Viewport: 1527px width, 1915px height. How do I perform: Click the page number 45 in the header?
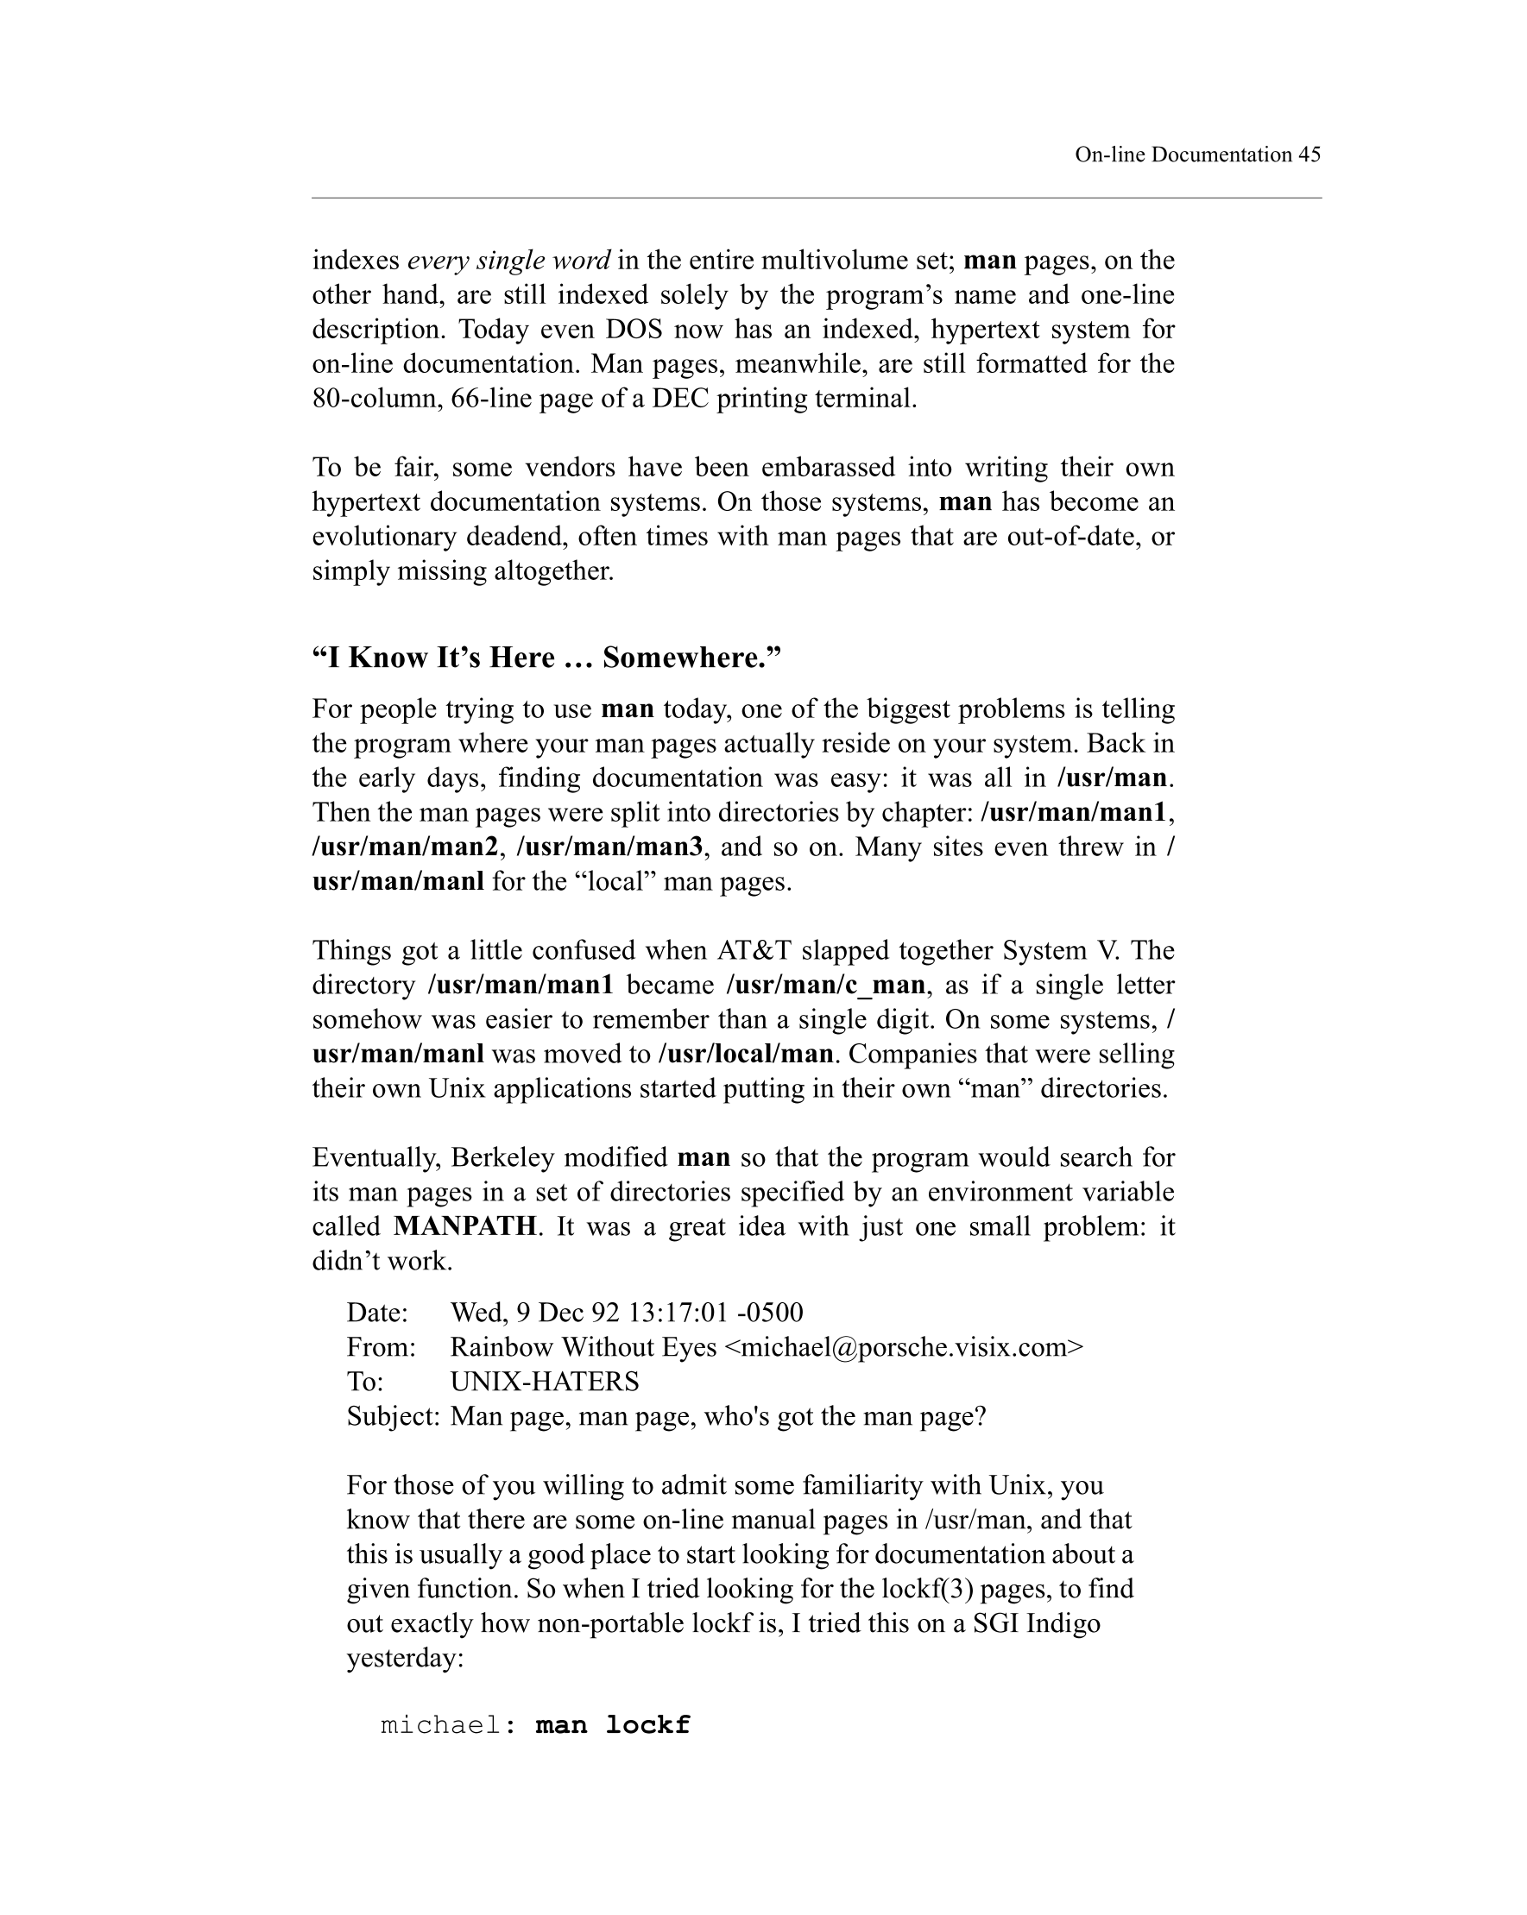point(1309,154)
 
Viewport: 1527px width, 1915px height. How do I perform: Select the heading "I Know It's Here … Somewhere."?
point(546,658)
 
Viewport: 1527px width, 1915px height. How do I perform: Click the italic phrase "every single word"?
point(508,261)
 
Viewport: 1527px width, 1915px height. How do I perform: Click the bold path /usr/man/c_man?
point(825,985)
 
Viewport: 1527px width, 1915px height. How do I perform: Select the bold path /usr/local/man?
point(745,1055)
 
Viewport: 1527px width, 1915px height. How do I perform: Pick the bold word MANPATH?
point(464,1226)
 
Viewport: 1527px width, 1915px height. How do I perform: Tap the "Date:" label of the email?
point(376,1312)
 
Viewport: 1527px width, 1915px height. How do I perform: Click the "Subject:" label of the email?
point(393,1416)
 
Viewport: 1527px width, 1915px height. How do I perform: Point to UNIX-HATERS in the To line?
point(545,1381)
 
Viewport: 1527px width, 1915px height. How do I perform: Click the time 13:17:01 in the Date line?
point(678,1312)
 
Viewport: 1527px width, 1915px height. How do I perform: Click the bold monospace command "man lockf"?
point(612,1726)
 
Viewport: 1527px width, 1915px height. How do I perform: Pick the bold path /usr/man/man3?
point(610,847)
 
